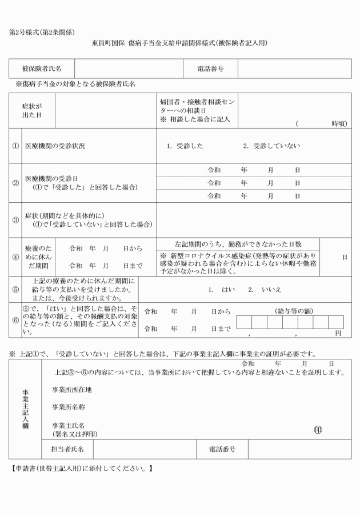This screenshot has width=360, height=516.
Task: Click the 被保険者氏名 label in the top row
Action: pos(42,69)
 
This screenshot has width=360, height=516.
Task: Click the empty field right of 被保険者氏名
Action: pos(125,69)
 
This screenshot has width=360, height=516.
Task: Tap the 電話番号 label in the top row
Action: pos(210,69)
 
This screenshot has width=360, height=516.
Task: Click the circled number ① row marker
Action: pos(15,146)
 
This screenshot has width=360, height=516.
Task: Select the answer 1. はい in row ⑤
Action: pos(217,290)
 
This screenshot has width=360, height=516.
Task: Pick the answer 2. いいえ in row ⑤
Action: pos(265,290)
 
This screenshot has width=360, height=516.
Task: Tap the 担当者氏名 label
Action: pos(67,449)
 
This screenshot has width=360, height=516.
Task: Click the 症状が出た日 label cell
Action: pos(32,110)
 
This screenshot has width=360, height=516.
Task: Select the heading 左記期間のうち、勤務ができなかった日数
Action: pos(238,244)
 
